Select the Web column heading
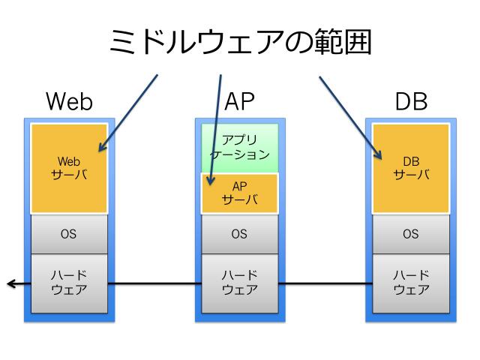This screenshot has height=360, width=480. tap(69, 101)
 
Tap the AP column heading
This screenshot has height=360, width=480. tap(240, 101)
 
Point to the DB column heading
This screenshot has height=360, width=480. tap(411, 101)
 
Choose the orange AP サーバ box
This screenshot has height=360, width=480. tap(240, 193)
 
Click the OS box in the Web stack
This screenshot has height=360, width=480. tap(68, 234)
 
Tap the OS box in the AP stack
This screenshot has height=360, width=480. tap(240, 234)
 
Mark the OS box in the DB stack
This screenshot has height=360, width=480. tap(411, 234)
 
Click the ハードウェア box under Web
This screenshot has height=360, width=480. tap(68, 283)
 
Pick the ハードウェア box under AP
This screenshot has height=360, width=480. tap(240, 283)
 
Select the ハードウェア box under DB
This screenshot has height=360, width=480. tap(411, 283)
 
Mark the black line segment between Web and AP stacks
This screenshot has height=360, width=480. tap(154, 283)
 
